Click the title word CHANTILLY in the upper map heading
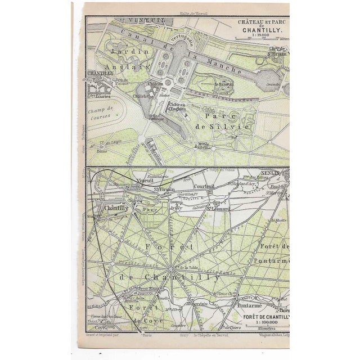click(x=262, y=31)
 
